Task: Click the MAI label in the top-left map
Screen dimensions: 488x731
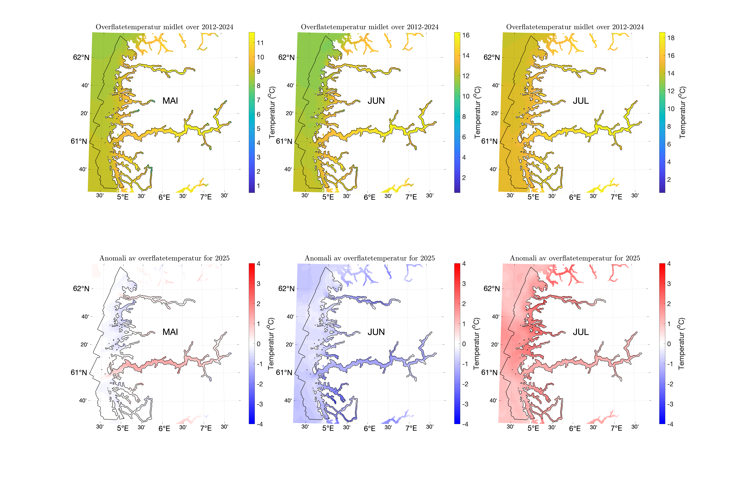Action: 170,101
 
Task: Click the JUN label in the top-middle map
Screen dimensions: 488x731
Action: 376,101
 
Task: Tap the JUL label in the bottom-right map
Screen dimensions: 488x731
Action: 581,332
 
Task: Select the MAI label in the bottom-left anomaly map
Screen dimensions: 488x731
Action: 170,332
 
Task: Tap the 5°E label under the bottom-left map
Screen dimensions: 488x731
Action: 123,428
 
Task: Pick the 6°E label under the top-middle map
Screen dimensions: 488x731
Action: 369,197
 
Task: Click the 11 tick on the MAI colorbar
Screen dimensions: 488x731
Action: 260,43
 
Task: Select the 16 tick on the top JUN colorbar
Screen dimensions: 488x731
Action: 466,35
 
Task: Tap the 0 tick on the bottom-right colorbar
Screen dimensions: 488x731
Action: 669,344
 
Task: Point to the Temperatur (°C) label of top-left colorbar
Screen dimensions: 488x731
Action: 272,112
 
